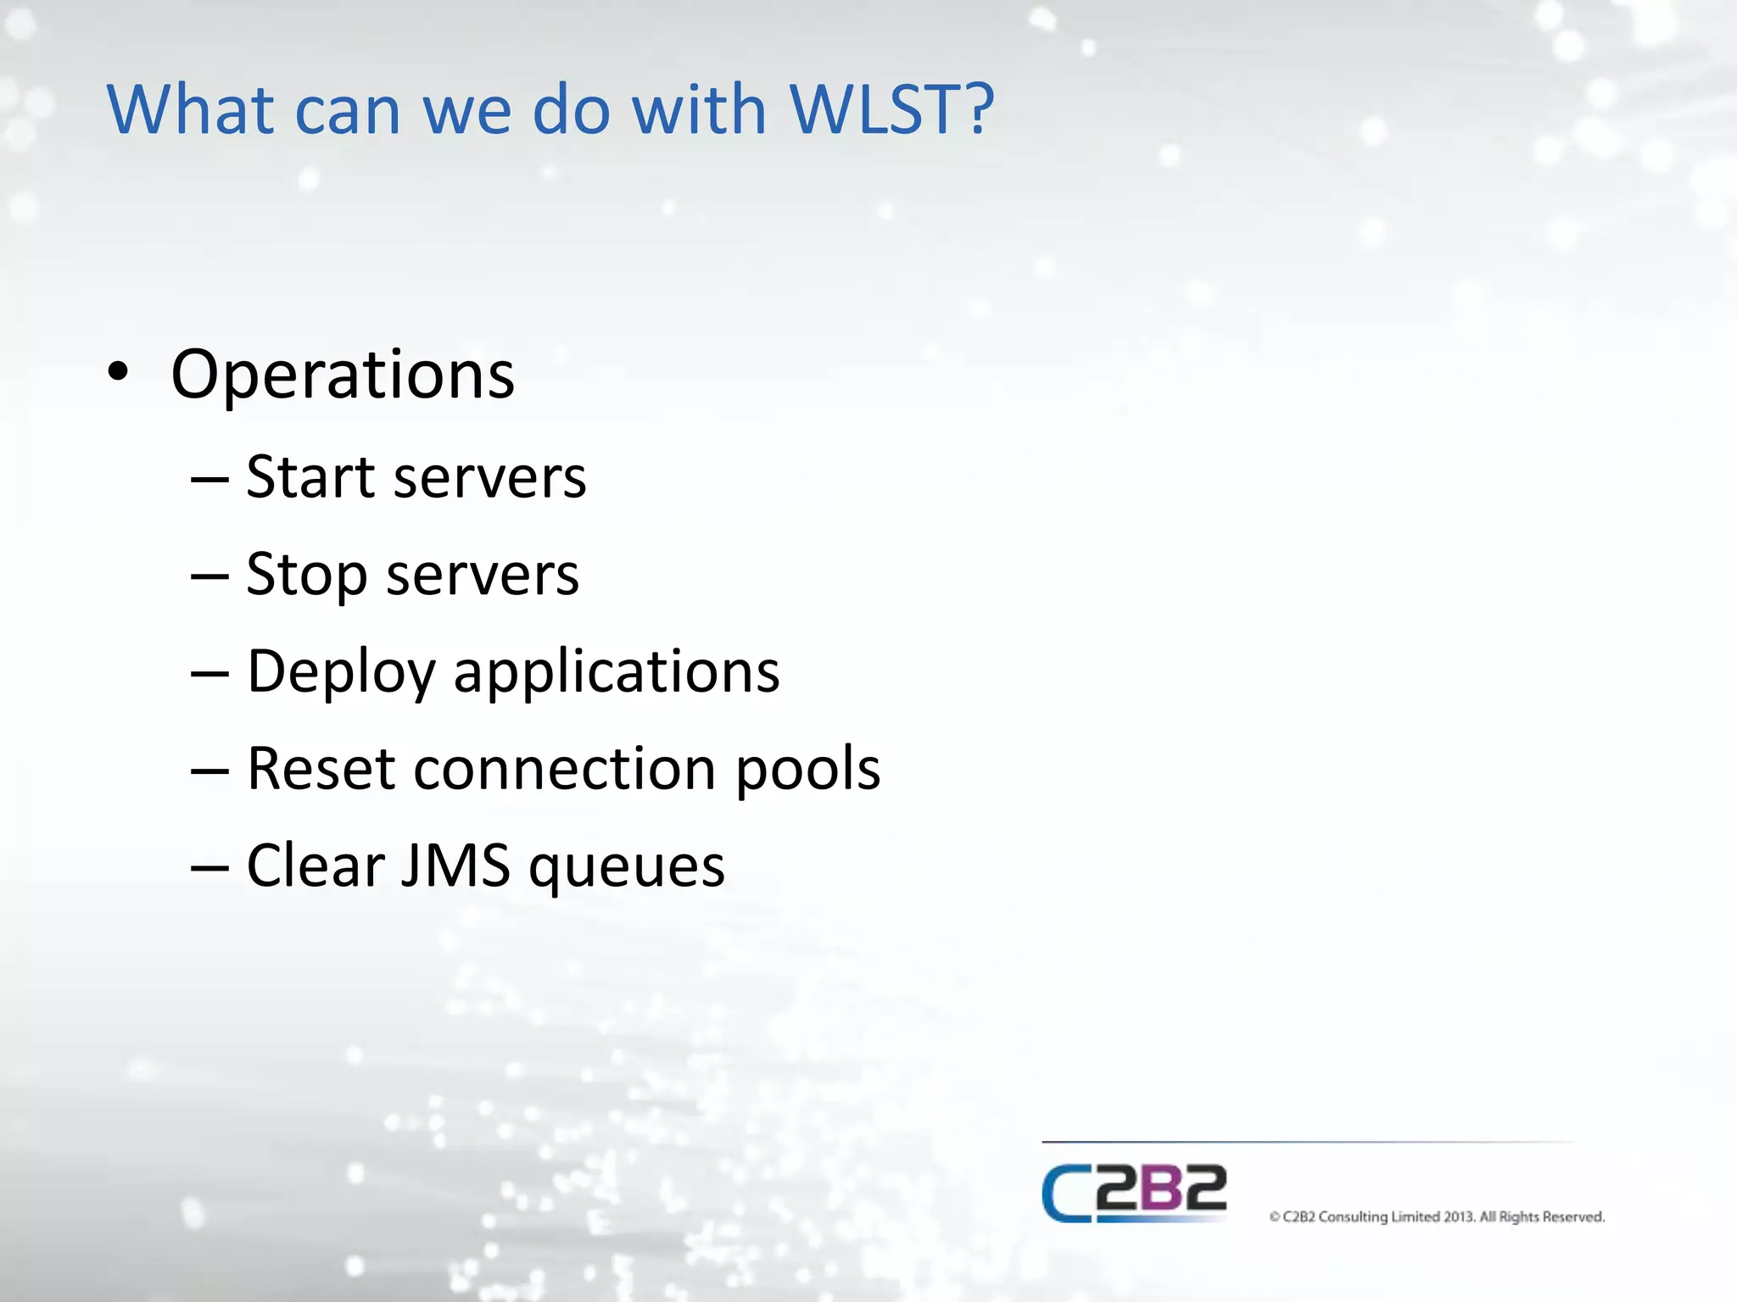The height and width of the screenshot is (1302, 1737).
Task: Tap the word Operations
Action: pos(343,375)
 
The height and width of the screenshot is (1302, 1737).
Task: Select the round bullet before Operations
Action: pos(118,372)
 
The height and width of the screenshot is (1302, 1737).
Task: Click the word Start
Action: pos(310,476)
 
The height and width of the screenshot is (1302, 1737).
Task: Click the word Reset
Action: pos(321,769)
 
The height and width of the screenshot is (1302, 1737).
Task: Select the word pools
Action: pos(807,769)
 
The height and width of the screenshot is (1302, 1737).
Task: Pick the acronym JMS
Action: pos(455,865)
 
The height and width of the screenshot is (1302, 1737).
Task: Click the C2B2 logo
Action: pos(1134,1193)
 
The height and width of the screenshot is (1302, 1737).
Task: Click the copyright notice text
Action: pos(1437,1216)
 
